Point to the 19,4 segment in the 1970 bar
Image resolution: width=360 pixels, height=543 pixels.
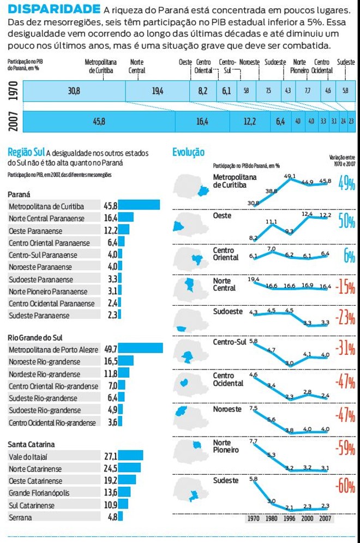click(158, 91)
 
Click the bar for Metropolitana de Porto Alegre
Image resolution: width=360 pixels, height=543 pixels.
click(141, 348)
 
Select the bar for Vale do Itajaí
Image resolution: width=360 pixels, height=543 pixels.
click(131, 455)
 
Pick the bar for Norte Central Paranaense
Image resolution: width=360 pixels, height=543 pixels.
click(126, 217)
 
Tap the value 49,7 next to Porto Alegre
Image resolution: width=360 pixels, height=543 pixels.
click(111, 348)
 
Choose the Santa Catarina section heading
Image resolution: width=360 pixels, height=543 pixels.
click(31, 444)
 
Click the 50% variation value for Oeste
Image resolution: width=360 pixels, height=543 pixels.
click(346, 221)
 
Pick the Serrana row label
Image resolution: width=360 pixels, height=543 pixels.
click(21, 517)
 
